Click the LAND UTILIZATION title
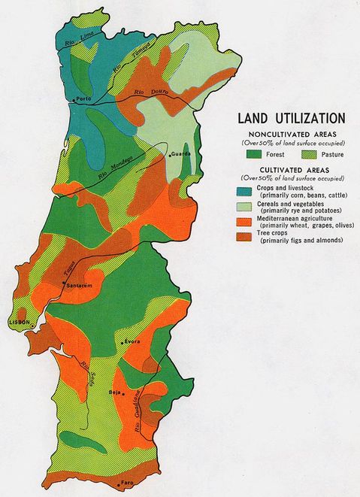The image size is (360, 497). click(x=291, y=119)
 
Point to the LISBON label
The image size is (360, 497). click(x=18, y=321)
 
